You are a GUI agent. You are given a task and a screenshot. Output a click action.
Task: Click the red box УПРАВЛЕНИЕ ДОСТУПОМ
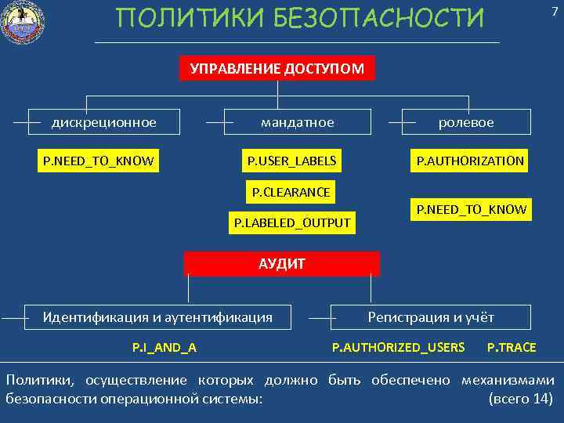(x=277, y=68)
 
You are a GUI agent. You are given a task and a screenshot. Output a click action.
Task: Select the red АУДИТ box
(x=282, y=264)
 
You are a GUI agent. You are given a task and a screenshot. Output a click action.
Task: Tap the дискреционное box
(x=104, y=122)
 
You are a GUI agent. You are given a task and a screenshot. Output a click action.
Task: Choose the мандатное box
(x=297, y=122)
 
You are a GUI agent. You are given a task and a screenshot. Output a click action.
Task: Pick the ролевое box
(x=466, y=122)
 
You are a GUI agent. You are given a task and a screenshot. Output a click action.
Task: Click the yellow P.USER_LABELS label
(x=291, y=161)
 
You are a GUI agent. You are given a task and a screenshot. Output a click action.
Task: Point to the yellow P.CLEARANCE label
(x=291, y=192)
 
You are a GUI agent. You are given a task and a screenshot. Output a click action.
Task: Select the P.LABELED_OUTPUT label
(x=292, y=223)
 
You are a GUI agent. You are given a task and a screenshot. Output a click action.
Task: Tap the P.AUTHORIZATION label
(x=470, y=161)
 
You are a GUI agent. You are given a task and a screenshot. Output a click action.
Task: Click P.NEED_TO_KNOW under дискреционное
(x=99, y=161)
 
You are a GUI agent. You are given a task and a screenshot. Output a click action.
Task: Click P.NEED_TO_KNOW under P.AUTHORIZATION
(x=472, y=209)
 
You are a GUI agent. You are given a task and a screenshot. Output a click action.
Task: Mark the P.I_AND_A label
(x=164, y=347)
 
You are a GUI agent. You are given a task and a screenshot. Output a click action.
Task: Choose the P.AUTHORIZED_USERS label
(x=398, y=347)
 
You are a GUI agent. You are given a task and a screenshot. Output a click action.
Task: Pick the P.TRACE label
(x=512, y=347)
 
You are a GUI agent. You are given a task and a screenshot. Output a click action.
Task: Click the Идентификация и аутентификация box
(x=157, y=317)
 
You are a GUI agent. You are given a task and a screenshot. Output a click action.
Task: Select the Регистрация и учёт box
(x=431, y=317)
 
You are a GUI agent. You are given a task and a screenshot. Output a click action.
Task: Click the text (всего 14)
(x=520, y=398)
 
